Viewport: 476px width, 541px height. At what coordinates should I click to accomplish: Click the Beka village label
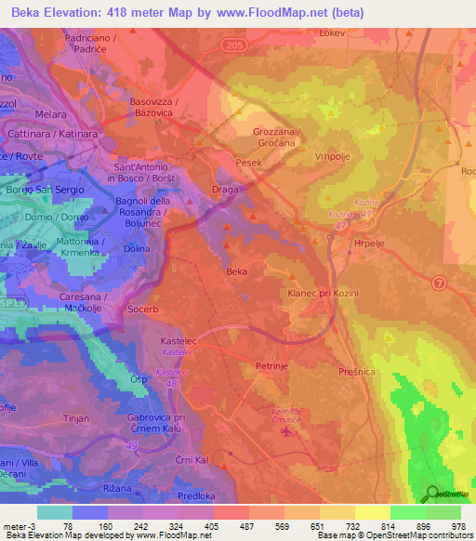pyautogui.click(x=237, y=271)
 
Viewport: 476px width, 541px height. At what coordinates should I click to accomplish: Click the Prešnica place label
pyautogui.click(x=357, y=372)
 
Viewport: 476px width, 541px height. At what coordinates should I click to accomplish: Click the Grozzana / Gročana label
pyautogui.click(x=274, y=138)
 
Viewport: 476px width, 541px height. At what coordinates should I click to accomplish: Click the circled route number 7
pyautogui.click(x=439, y=282)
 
